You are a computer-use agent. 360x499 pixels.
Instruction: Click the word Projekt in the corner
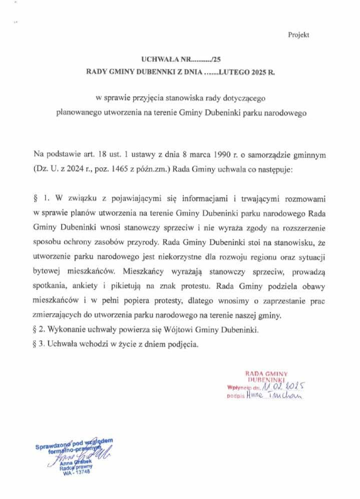(298, 35)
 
